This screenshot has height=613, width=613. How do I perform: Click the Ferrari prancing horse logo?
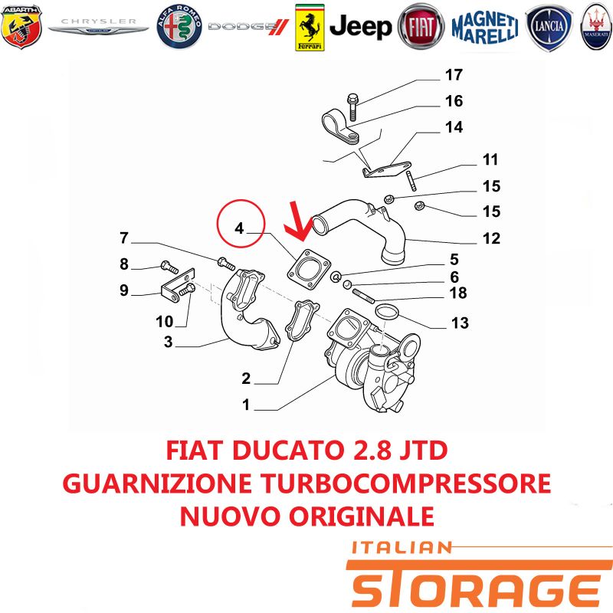(x=310, y=28)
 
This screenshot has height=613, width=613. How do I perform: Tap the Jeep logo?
(x=360, y=27)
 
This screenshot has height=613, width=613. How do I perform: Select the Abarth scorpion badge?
(x=21, y=27)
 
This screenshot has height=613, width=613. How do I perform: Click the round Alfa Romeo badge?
(x=179, y=27)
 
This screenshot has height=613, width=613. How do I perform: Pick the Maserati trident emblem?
(x=597, y=27)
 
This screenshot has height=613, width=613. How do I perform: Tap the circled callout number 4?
(x=239, y=228)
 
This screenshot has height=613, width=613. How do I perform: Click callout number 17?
(x=454, y=74)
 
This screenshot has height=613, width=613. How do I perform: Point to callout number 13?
(x=460, y=323)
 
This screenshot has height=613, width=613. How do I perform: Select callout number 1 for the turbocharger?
(x=246, y=405)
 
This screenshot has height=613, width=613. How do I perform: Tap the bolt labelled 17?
(x=353, y=107)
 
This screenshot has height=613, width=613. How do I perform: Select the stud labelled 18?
(x=363, y=296)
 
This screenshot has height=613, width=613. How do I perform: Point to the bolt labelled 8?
(x=169, y=267)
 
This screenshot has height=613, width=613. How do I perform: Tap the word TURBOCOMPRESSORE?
(x=406, y=484)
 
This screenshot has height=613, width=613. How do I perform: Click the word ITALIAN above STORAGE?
(x=402, y=548)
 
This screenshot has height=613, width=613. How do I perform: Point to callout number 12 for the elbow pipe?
(x=491, y=238)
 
